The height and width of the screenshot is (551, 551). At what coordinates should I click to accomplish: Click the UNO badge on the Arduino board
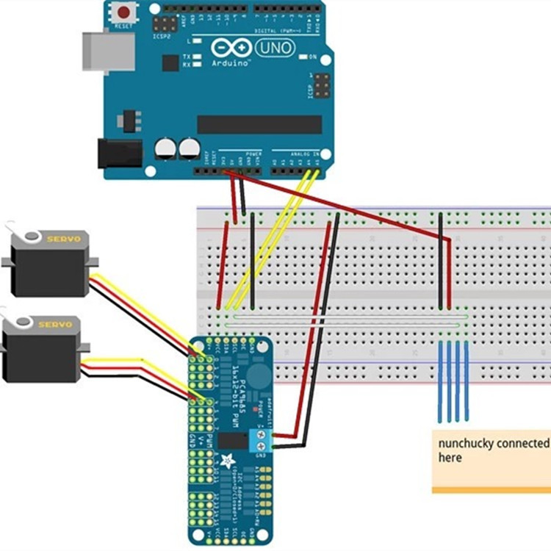point(275,48)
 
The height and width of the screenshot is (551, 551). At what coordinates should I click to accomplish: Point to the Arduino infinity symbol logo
point(229,48)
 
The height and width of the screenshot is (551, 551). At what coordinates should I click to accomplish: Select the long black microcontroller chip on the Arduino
point(259,124)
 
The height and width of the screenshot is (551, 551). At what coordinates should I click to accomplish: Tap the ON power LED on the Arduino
point(303,57)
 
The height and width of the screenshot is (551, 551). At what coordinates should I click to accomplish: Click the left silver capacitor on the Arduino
point(165,149)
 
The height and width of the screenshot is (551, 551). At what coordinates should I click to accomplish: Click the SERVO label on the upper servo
point(68,240)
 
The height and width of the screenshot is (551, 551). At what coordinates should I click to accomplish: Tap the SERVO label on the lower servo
point(55,324)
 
